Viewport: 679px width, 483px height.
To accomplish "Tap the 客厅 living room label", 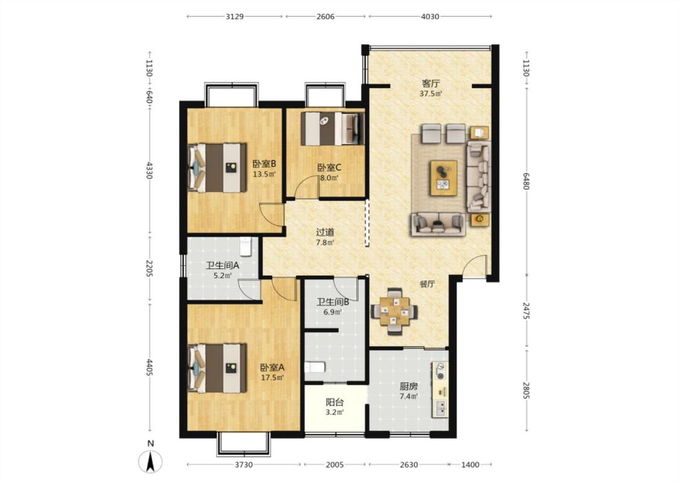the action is [x=430, y=83].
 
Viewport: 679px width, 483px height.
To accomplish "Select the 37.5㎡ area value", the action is [x=431, y=94].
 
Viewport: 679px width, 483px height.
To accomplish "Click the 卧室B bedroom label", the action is [x=264, y=164].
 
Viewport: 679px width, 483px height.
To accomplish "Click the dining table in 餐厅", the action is [x=395, y=312].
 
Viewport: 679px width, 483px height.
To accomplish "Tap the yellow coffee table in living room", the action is [x=444, y=178].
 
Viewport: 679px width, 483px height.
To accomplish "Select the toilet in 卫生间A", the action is [x=246, y=246].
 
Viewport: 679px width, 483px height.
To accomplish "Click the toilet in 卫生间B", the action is [x=315, y=367].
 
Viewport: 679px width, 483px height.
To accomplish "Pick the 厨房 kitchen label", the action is [x=409, y=386].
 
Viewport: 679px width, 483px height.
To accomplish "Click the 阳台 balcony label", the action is [x=335, y=403].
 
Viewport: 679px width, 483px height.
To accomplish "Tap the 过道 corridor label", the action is [x=325, y=232].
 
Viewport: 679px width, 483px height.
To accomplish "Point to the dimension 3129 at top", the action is [x=234, y=16].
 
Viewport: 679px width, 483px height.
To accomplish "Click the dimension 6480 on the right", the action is [x=526, y=181].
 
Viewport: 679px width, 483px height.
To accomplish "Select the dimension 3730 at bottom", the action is [x=244, y=465].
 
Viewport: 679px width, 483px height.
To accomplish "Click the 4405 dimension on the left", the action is [x=150, y=367].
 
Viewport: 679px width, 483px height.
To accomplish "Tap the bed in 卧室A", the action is [x=217, y=368].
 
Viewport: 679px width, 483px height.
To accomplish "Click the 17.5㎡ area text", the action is [x=272, y=377].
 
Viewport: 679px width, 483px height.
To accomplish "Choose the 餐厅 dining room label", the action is [x=427, y=284].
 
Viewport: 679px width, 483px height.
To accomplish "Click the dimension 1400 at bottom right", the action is [x=470, y=465].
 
